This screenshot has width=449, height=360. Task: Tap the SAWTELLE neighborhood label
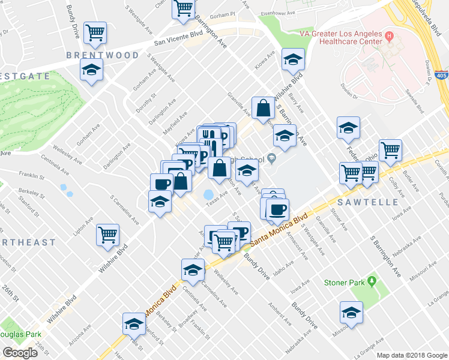tap(370, 202)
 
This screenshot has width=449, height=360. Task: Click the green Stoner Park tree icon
tap(372, 281)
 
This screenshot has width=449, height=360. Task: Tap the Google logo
tap(20, 353)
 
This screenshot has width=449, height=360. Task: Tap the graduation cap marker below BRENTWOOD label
tap(91, 71)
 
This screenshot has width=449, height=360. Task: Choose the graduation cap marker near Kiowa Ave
tap(293, 59)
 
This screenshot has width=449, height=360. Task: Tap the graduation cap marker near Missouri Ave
tap(351, 312)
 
